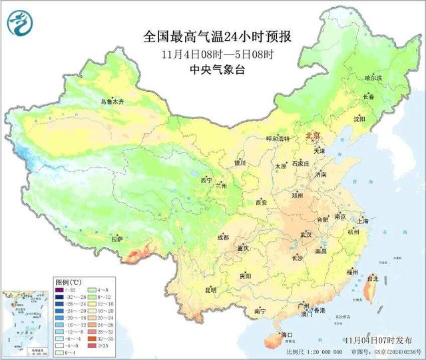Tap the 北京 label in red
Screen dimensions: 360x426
pyautogui.click(x=313, y=136)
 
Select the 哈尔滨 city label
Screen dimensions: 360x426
pyautogui.click(x=374, y=79)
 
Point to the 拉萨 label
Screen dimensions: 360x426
pyautogui.click(x=117, y=238)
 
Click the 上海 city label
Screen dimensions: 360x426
pyautogui.click(x=363, y=220)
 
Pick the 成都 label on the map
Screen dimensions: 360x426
pyautogui.click(x=222, y=238)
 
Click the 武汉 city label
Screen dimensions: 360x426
pyautogui.click(x=306, y=234)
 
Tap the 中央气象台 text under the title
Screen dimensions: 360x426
pyautogui.click(x=212, y=69)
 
